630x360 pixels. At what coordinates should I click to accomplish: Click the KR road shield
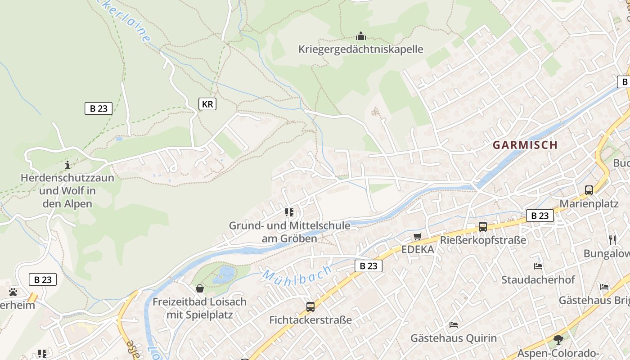(207, 104)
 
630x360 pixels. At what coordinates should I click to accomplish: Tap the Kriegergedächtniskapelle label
(360, 49)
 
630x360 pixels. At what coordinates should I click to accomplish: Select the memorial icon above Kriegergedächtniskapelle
(360, 36)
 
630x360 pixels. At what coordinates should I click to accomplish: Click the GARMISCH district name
(525, 145)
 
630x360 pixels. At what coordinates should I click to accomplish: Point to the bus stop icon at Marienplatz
(589, 190)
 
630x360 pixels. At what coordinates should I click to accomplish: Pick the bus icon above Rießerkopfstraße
(483, 227)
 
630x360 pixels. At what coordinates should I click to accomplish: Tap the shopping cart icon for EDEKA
(418, 237)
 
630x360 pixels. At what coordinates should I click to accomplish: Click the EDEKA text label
(418, 250)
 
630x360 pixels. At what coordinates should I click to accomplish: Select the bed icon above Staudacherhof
(538, 266)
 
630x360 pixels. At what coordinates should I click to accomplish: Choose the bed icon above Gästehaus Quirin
(454, 325)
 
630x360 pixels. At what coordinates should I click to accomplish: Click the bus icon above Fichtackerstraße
(310, 307)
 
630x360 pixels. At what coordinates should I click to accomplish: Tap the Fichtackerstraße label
(310, 320)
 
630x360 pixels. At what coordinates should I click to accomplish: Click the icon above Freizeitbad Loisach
(200, 288)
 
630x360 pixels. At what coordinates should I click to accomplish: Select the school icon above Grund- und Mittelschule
(289, 212)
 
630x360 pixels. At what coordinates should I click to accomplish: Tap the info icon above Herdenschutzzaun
(67, 164)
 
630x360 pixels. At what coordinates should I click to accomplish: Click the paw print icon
(13, 292)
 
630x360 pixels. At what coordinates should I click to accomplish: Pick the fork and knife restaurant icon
(612, 240)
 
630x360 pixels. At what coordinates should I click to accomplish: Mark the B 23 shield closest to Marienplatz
(540, 216)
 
